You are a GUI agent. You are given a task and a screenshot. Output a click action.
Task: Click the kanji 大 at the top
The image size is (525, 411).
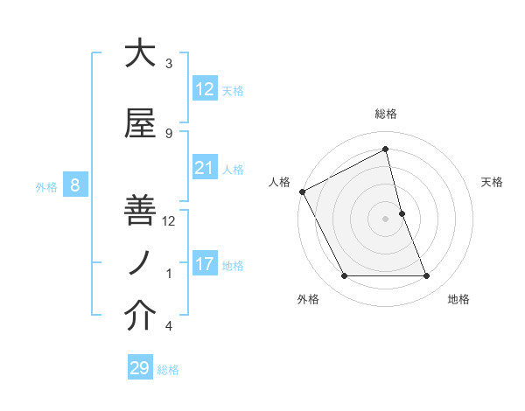(x=140, y=53)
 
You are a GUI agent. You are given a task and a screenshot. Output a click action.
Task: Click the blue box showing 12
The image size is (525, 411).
(x=204, y=89)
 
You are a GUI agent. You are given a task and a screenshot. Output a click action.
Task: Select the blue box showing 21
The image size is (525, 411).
(x=204, y=168)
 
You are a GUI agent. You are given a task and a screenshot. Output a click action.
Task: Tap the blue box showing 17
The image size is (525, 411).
(x=204, y=264)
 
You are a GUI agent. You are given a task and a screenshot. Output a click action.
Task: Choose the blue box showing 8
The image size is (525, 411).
(x=75, y=185)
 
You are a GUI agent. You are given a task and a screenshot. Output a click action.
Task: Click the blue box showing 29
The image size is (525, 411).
(x=139, y=368)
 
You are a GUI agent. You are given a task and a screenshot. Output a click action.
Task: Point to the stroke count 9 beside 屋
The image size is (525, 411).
(x=169, y=133)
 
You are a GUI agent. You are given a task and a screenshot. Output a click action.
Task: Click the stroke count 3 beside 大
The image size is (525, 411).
(x=169, y=64)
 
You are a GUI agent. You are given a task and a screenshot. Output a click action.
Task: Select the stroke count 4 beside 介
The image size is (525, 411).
(x=169, y=326)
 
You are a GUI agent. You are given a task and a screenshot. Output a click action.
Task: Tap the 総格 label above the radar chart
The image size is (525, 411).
(x=385, y=114)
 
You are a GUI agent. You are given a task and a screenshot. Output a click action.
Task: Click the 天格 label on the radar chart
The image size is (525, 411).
(x=492, y=182)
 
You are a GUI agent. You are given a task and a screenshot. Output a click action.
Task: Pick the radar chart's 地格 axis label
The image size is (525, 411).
(x=458, y=299)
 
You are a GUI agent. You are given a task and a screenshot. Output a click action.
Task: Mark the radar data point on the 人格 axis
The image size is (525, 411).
(x=302, y=192)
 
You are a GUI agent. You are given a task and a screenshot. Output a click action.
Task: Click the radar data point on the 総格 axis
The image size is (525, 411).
(x=385, y=150)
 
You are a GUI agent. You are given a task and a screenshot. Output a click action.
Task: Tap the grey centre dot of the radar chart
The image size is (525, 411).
(x=385, y=218)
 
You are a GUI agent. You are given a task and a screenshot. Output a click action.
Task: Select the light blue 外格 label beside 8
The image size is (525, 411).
(x=45, y=186)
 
